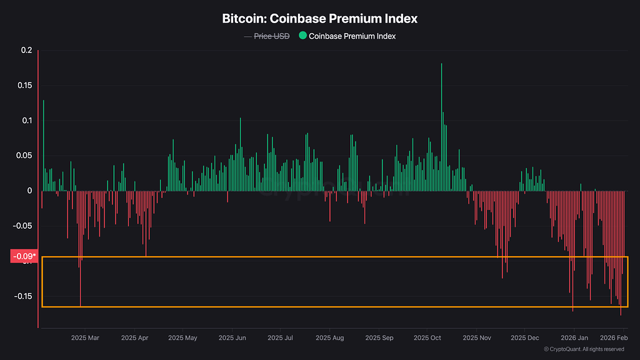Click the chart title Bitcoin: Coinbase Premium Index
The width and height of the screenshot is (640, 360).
320,19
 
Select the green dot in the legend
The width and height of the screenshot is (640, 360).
302,36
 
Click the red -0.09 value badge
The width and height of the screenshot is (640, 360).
24,256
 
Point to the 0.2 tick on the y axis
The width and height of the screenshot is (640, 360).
26,50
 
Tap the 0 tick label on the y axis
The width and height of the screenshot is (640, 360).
29,191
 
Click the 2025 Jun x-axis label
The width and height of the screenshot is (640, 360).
232,337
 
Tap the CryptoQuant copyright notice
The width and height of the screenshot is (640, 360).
584,349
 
